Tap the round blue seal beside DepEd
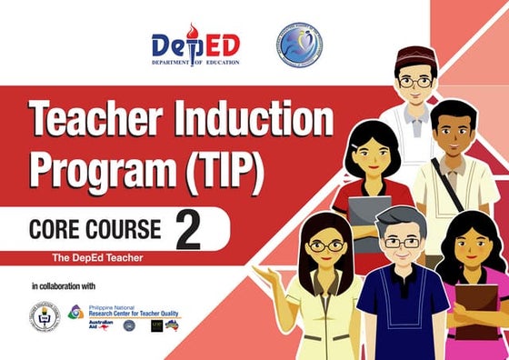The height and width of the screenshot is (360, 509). point(299,45)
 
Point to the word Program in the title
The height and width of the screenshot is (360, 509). point(96,169)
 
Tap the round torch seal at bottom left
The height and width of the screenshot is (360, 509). point(45,316)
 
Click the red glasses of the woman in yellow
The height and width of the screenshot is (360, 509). point(325,245)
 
